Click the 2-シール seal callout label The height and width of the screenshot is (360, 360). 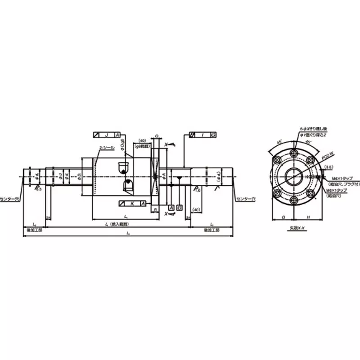[x=106, y=148]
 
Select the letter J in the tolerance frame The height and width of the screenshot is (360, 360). [x=107, y=135]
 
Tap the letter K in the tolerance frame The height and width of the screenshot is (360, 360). [x=132, y=204]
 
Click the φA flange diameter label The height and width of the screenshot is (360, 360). [x=164, y=174]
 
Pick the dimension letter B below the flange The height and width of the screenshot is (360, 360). [x=155, y=210]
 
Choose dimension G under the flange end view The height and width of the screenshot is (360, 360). [x=283, y=217]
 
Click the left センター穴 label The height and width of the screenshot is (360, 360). [x=10, y=198]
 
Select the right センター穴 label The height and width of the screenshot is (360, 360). [x=247, y=198]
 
